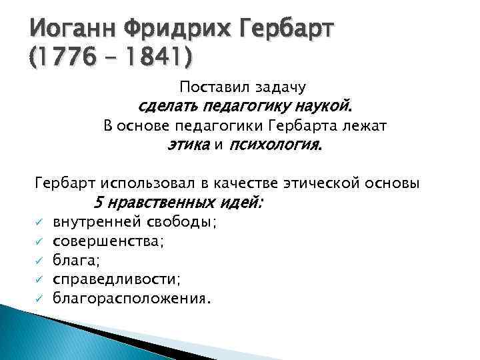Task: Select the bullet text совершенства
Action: coord(107,241)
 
